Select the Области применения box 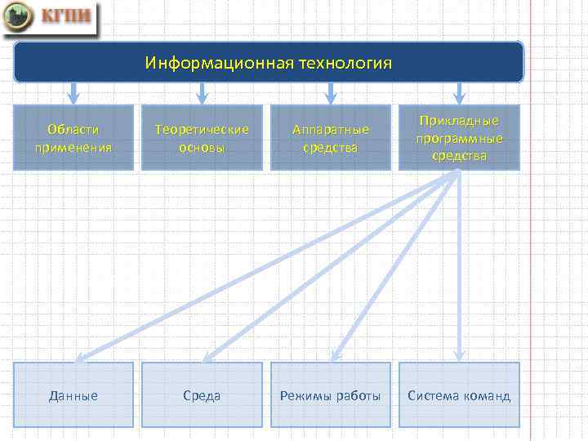73,137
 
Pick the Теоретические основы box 202,137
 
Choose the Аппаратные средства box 331,137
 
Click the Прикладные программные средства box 459,137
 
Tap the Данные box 73,395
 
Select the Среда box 202,395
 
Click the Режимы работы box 331,395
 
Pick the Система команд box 459,395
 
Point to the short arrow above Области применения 73,93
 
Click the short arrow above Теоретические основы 202,93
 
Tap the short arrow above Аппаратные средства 331,93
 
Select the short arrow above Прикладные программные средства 459,93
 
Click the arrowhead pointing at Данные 80,356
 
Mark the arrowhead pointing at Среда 207,356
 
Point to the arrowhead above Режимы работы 335,355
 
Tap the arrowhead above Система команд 459,355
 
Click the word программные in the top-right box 459,138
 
